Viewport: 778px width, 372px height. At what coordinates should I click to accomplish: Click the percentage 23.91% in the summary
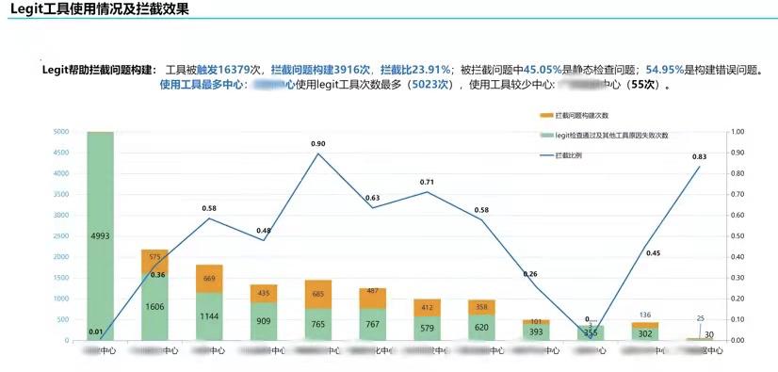(x=427, y=70)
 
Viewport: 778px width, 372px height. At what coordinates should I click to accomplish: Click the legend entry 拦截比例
(x=574, y=154)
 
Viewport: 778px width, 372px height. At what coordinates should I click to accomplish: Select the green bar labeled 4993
(x=100, y=235)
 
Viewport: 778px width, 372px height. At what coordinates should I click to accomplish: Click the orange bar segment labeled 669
(x=210, y=279)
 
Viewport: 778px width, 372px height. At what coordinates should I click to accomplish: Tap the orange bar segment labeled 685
(x=319, y=294)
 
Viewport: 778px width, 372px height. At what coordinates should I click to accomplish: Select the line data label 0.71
(x=428, y=182)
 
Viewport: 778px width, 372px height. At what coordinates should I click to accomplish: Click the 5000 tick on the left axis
(x=59, y=132)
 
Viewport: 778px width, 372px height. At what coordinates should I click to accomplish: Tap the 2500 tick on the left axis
(x=59, y=236)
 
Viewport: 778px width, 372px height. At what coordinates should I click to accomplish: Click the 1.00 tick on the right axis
(x=737, y=132)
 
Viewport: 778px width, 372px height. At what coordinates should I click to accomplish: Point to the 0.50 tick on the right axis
(x=737, y=236)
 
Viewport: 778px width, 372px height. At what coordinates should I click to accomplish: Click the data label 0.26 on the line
(x=529, y=274)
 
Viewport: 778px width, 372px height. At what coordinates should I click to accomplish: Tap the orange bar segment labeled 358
(x=482, y=307)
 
